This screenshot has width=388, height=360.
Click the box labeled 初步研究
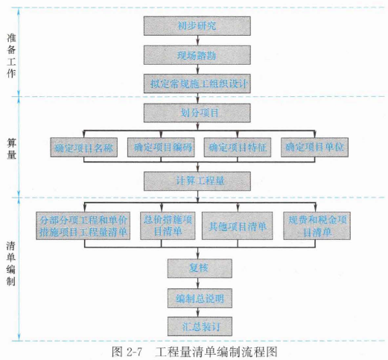(x=197, y=26)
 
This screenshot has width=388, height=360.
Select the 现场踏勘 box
(x=197, y=55)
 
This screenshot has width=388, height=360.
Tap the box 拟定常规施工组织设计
(x=197, y=83)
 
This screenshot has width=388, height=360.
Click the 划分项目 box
(x=197, y=113)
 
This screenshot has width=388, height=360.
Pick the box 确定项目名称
(x=84, y=148)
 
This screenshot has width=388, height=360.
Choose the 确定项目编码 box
(x=161, y=148)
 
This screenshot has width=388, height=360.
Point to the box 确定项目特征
(x=238, y=148)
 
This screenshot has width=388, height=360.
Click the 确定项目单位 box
(x=314, y=148)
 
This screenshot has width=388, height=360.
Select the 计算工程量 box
(x=197, y=181)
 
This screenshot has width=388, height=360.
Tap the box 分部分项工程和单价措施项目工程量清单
(x=83, y=226)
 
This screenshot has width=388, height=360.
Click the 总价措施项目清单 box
(x=168, y=226)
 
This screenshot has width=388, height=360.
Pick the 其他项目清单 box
(x=238, y=226)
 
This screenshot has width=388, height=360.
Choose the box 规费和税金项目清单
(x=317, y=226)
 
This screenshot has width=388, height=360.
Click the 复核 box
(x=200, y=268)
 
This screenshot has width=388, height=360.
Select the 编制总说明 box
(x=200, y=298)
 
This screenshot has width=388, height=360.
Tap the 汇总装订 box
(x=200, y=326)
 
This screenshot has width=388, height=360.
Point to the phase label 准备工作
(x=11, y=56)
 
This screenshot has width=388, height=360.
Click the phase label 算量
(x=11, y=149)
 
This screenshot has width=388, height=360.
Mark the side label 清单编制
(x=11, y=264)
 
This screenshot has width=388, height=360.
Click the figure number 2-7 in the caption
(x=134, y=352)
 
